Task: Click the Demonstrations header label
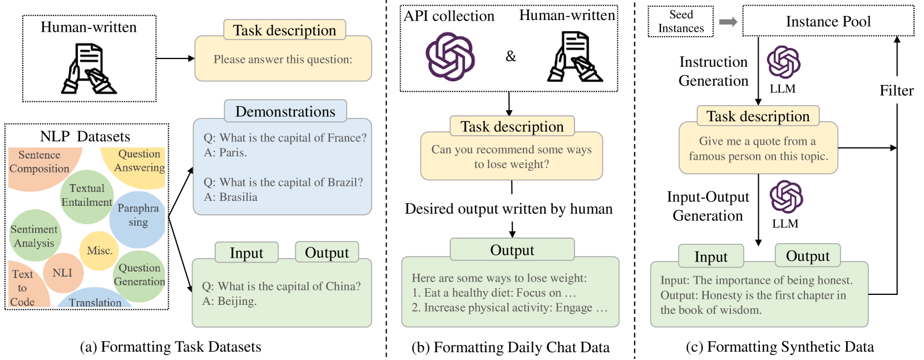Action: pyautogui.click(x=285, y=111)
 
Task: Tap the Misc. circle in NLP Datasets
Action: pyautogui.click(x=100, y=250)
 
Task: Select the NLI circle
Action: pyautogui.click(x=62, y=273)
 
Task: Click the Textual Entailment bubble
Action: pyautogui.click(x=87, y=195)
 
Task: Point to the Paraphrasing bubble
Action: pyautogui.click(x=138, y=215)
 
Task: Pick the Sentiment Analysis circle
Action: pyautogui.click(x=34, y=236)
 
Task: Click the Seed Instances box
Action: pyautogui.click(x=680, y=22)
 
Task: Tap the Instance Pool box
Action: pyautogui.click(x=828, y=22)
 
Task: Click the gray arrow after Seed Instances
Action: pyautogui.click(x=728, y=22)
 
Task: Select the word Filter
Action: pyautogui.click(x=896, y=90)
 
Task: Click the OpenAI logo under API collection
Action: pyautogui.click(x=450, y=56)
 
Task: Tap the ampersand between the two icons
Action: pyautogui.click(x=511, y=56)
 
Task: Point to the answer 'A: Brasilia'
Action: pyautogui.click(x=230, y=197)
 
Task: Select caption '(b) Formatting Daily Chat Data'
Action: pyautogui.click(x=510, y=347)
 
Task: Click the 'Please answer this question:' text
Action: pyautogui.click(x=283, y=60)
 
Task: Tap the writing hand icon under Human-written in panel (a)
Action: pyautogui.click(x=89, y=69)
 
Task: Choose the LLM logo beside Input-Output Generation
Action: pyautogui.click(x=786, y=197)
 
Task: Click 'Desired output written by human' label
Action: pyautogui.click(x=508, y=209)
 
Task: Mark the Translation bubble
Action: pyautogui.click(x=95, y=301)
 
